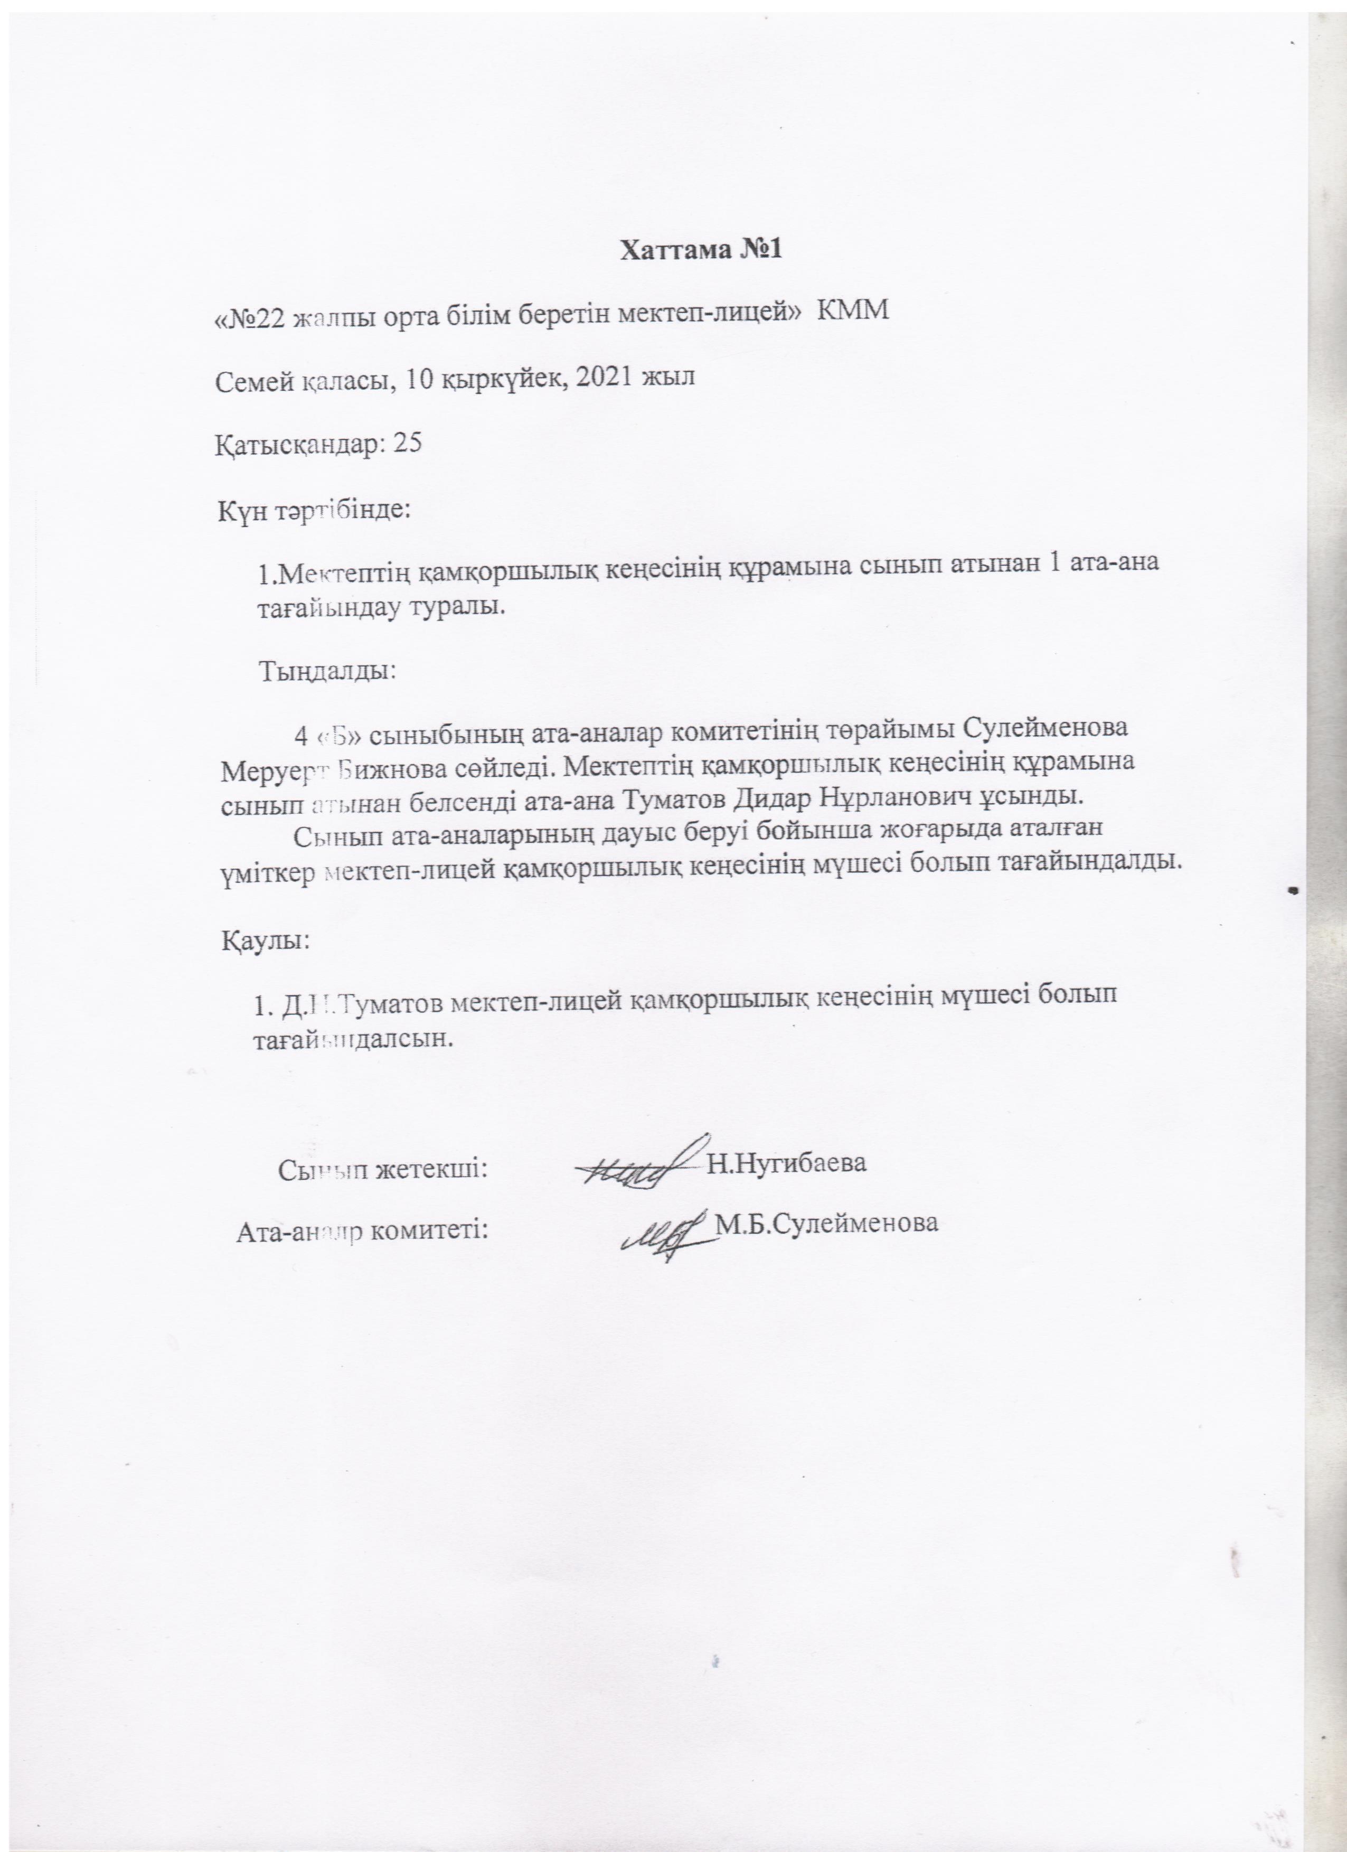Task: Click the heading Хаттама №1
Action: click(701, 249)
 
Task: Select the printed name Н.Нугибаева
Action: click(786, 1163)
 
